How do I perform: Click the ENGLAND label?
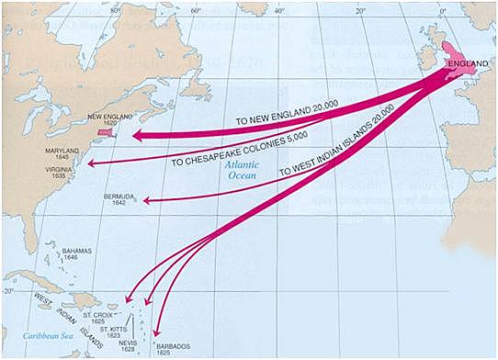click(x=463, y=63)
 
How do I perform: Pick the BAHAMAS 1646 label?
click(x=76, y=254)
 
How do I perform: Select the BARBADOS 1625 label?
click(x=173, y=350)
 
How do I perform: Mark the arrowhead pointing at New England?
click(x=135, y=135)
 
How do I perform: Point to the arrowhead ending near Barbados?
click(x=156, y=332)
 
